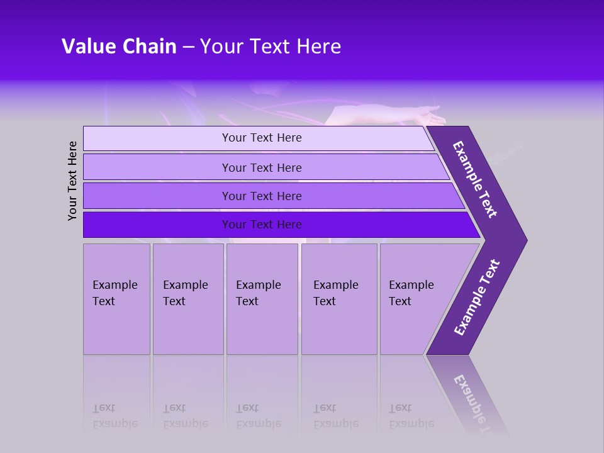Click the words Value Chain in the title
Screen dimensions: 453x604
click(119, 47)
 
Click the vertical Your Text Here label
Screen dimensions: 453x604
click(72, 181)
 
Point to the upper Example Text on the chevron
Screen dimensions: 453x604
click(475, 179)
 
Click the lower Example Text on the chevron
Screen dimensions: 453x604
click(477, 297)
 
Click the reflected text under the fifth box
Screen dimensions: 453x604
click(411, 415)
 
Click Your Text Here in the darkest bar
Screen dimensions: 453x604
click(262, 225)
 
